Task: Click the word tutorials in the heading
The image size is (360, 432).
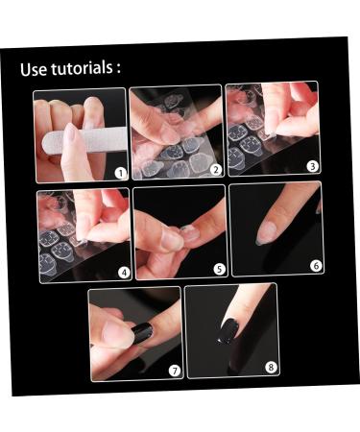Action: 83,69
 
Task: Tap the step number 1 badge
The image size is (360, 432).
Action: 120,173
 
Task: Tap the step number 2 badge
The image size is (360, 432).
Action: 216,170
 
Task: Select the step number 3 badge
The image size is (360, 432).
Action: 312,166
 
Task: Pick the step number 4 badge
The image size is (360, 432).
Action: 124,272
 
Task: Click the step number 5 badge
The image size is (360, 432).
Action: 219,269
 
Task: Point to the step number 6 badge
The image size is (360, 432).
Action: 316,265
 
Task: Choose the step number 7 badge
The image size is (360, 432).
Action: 174,371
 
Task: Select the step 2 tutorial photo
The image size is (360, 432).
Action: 178,133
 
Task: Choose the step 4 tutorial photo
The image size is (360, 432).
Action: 84,234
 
